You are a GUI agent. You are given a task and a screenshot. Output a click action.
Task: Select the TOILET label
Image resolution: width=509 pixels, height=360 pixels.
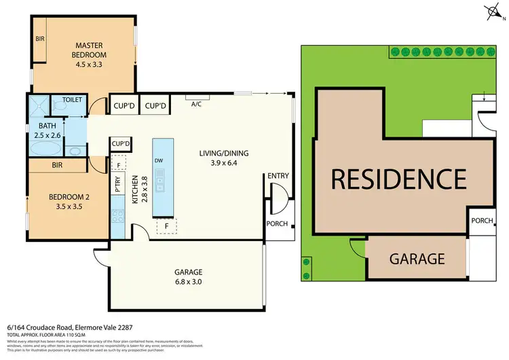73,100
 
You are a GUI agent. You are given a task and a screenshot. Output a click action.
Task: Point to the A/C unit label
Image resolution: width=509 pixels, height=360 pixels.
197,104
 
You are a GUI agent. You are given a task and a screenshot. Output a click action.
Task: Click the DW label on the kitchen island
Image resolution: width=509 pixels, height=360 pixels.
158,160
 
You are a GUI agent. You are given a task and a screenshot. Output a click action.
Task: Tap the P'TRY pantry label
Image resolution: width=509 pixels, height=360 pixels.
118,187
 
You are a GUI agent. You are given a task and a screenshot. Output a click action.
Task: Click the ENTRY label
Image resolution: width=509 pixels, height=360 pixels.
278,176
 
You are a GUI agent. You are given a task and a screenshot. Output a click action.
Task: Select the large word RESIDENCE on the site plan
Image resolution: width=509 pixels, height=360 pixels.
398,179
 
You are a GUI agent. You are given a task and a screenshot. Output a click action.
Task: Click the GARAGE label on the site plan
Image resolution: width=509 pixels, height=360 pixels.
417,258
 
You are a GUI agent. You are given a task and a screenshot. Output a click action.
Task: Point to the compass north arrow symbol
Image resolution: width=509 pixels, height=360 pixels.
492,11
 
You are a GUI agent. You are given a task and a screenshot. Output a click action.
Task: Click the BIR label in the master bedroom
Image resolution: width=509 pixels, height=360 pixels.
40,39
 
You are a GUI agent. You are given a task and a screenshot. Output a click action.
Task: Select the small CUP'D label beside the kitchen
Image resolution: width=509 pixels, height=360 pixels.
121,144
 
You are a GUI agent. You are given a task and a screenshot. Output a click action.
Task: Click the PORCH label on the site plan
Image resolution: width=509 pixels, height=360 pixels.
483,220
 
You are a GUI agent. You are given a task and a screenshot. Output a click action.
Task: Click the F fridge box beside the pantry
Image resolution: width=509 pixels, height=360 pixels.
119,165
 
